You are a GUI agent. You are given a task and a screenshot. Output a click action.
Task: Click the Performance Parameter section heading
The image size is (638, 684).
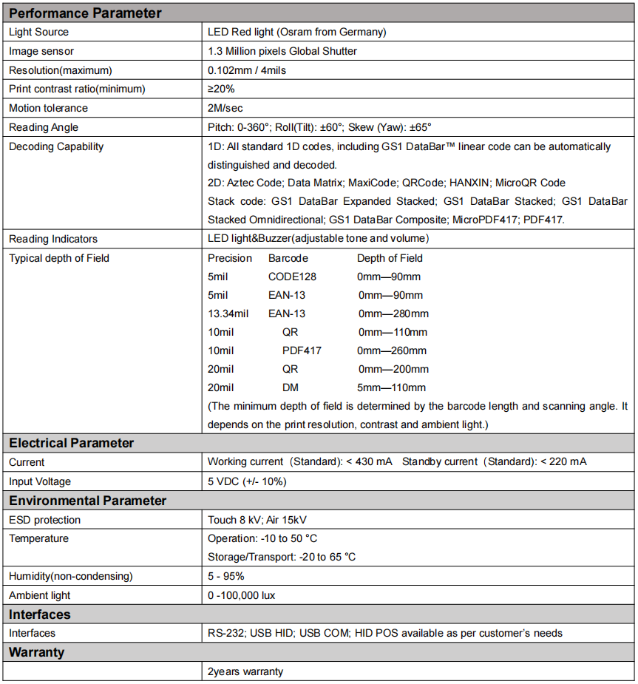(85, 13)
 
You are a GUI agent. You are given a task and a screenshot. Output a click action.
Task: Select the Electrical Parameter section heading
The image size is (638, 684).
(72, 443)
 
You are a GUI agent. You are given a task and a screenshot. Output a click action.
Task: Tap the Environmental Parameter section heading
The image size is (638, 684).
(88, 501)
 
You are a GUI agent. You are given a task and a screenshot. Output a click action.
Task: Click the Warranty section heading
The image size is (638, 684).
(37, 652)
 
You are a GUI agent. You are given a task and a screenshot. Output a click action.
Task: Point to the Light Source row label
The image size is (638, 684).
(38, 32)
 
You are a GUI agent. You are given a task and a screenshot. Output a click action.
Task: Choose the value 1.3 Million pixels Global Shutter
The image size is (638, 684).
(282, 51)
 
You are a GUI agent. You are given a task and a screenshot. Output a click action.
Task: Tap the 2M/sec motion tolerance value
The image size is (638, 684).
(225, 108)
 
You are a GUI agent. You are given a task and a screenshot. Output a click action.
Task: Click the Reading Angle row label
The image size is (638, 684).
(44, 127)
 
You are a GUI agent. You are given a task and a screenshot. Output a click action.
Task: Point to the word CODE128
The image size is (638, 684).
(292, 277)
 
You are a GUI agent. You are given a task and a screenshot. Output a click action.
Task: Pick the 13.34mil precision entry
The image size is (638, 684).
(228, 314)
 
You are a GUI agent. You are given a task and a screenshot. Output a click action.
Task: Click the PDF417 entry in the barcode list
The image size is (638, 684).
(302, 351)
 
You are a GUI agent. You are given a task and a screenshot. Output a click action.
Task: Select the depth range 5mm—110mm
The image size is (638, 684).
(392, 387)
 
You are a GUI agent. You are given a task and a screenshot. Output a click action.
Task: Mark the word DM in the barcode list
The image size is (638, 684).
(291, 387)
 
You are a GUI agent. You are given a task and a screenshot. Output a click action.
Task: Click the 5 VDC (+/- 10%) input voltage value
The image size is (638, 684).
(247, 481)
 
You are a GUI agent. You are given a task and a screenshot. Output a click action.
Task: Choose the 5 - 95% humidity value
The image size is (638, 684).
(225, 576)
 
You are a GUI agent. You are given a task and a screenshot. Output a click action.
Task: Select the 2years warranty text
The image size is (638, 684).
(245, 671)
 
